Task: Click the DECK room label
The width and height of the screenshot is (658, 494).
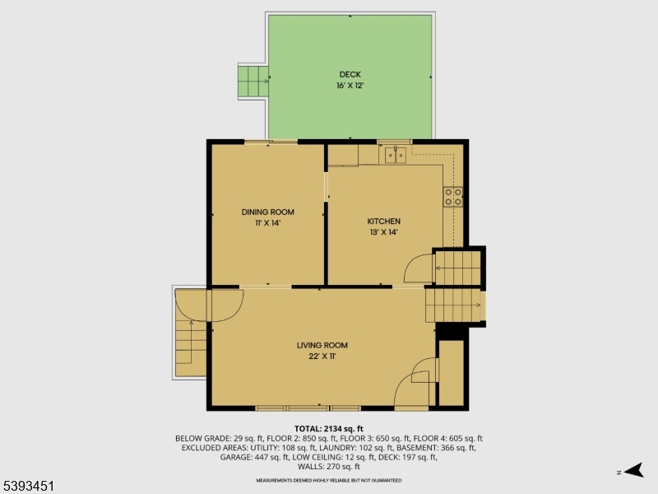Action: [x=349, y=75]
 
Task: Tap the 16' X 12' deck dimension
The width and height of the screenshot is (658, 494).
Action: [x=349, y=86]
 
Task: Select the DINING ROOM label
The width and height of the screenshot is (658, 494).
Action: [x=267, y=212]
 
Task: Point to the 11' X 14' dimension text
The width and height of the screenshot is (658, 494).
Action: [x=267, y=222]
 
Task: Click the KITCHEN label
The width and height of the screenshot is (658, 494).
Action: [x=383, y=221]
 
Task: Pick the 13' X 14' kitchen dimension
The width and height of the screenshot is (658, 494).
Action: [x=383, y=232]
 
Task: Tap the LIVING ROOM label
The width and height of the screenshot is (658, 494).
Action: [x=322, y=345]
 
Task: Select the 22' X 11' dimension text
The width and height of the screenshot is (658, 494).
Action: [x=322, y=356]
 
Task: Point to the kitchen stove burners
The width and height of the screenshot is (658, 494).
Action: [x=453, y=196]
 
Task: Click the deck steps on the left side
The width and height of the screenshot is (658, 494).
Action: [x=253, y=81]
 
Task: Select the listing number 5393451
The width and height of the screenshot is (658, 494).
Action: [x=29, y=487]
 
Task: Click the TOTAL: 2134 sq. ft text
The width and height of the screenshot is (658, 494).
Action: [x=329, y=429]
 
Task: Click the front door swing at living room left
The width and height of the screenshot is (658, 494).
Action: [x=225, y=304]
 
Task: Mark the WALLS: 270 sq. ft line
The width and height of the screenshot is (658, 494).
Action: [x=329, y=466]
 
